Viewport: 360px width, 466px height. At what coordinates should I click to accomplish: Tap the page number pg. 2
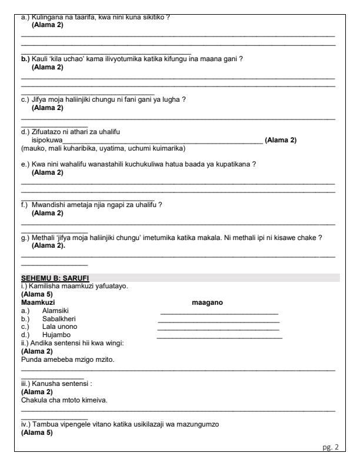332,448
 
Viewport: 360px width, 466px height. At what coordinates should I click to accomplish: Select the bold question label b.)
25,59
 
